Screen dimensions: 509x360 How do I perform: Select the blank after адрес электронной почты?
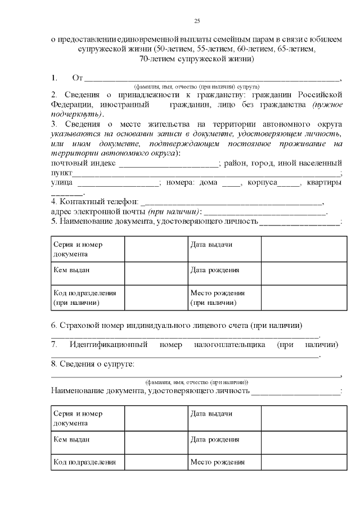pyautogui.click(x=264, y=213)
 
